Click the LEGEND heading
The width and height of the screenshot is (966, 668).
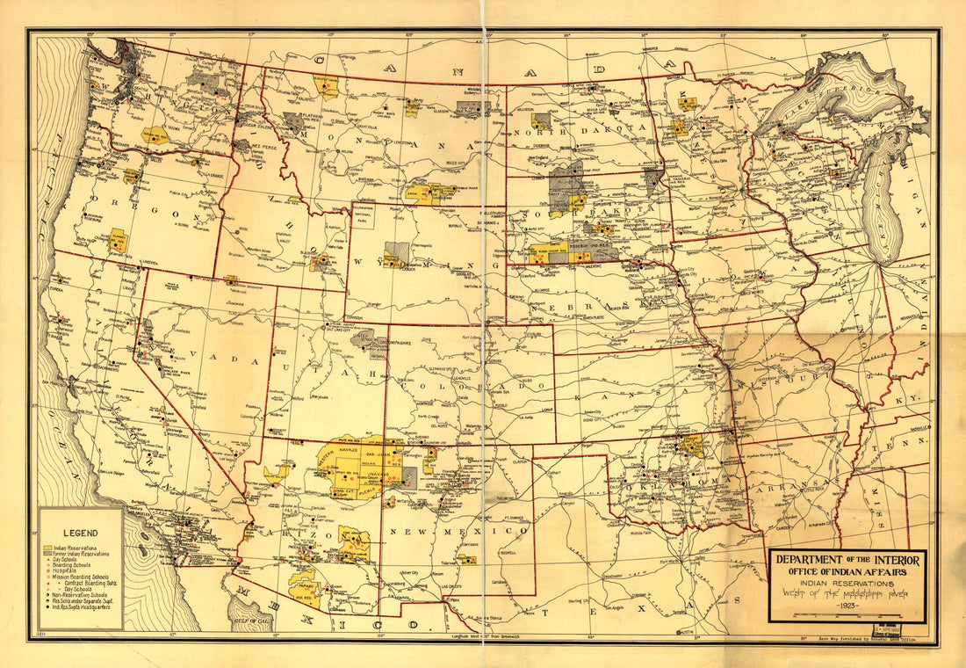click(80, 533)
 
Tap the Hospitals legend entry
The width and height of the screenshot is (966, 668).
click(67, 570)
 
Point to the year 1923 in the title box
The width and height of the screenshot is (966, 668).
click(847, 607)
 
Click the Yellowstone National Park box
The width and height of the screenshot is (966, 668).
click(361, 214)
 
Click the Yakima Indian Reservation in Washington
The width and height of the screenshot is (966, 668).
click(155, 135)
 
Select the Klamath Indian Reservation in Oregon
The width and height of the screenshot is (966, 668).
click(118, 240)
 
